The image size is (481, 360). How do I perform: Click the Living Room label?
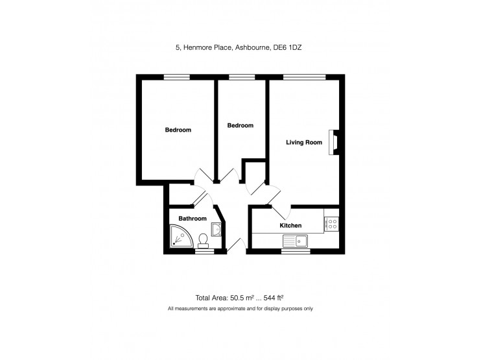pyautogui.click(x=304, y=142)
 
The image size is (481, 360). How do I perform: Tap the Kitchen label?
pyautogui.click(x=290, y=225)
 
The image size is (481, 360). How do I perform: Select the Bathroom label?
pyautogui.click(x=193, y=219)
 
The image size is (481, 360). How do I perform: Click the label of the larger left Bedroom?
pyautogui.click(x=178, y=130)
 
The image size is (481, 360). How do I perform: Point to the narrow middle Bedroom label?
pyautogui.click(x=240, y=125)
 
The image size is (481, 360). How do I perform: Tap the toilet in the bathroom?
pyautogui.click(x=204, y=240)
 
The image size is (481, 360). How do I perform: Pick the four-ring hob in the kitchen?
pyautogui.click(x=331, y=224)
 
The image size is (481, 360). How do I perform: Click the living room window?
pyautogui.click(x=304, y=77)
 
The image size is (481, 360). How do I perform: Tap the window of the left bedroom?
pyautogui.click(x=176, y=77)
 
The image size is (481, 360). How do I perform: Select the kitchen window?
pyautogui.click(x=296, y=251)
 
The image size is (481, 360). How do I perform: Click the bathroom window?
pyautogui.click(x=204, y=251)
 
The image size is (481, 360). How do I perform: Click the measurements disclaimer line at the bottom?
pyautogui.click(x=240, y=309)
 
